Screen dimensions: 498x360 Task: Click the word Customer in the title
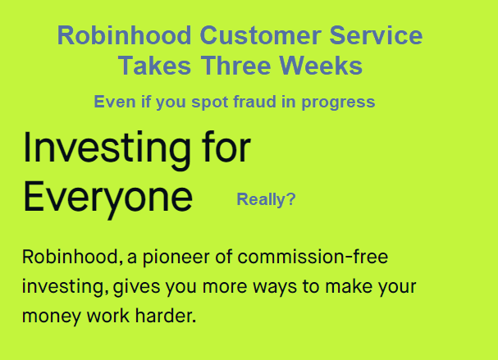[x=260, y=35]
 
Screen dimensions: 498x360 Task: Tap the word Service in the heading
[x=376, y=35]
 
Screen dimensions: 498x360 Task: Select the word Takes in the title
[x=155, y=66]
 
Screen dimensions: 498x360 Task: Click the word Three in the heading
[x=235, y=66]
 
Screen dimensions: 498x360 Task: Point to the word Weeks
[x=321, y=66]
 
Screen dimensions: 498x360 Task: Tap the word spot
[x=209, y=103]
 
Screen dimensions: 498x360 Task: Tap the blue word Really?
[x=266, y=200]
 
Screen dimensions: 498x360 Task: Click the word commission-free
[x=313, y=257]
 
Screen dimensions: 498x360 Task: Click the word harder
[x=165, y=316]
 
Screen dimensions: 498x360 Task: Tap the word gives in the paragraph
[x=136, y=287]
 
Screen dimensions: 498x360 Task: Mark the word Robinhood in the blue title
[x=125, y=35]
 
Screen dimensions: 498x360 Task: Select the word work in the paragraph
[x=108, y=316]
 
